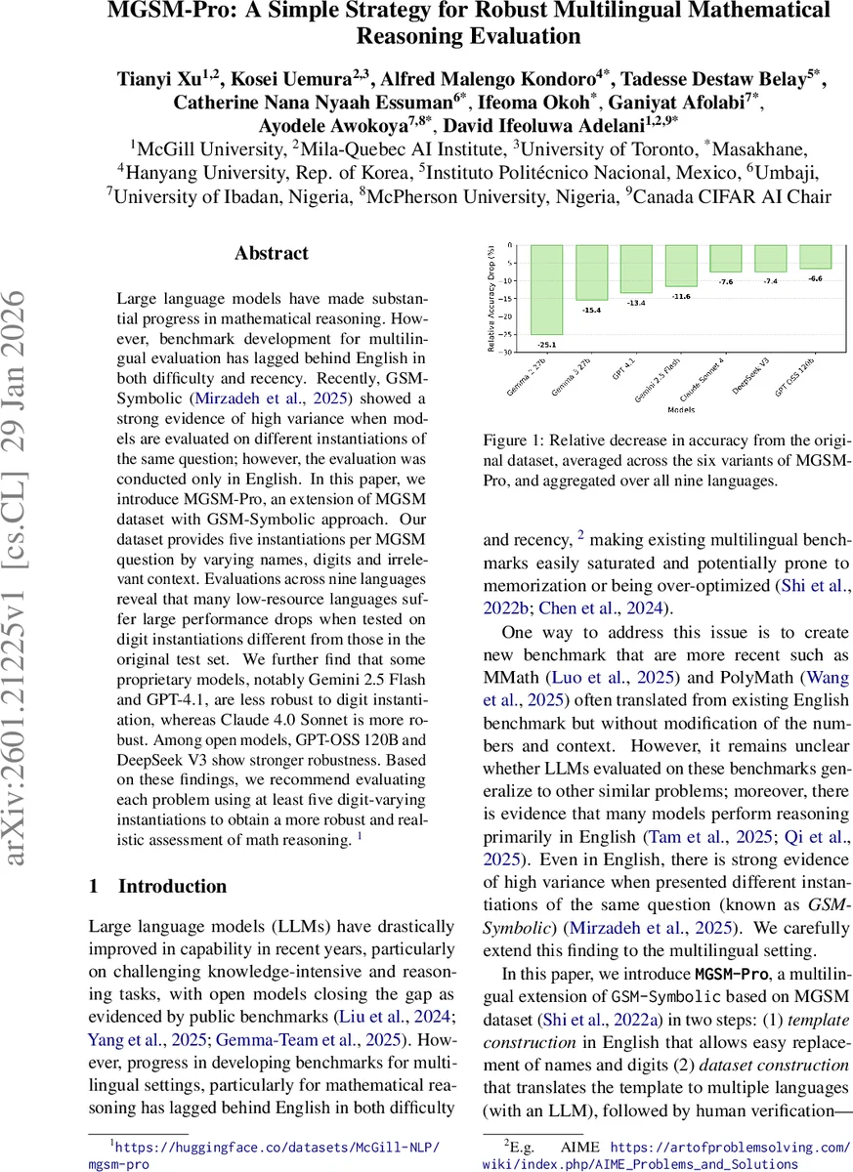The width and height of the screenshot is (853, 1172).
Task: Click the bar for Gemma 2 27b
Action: pos(545,289)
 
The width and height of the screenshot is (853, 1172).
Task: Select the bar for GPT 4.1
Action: pos(636,269)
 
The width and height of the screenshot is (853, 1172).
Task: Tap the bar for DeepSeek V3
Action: pos(770,258)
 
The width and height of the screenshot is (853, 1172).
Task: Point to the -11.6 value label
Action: pos(681,295)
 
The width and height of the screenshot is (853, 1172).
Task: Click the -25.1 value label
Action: pos(545,345)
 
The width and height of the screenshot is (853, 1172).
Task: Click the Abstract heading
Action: pos(271,253)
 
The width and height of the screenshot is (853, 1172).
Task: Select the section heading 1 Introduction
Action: pos(157,887)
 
